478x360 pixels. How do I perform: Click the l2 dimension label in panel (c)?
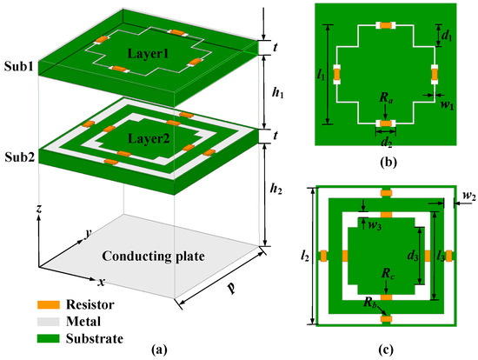[302, 257]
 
